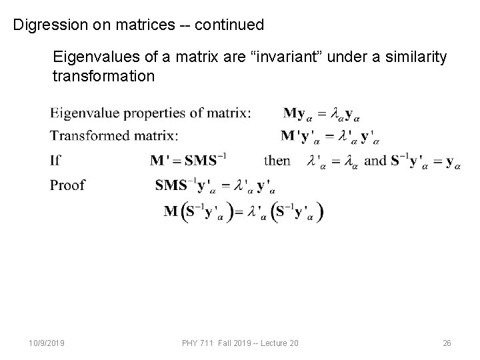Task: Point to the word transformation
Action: [x=103, y=76]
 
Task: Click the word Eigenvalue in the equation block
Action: [x=83, y=113]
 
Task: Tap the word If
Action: [x=55, y=160]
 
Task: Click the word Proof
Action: [x=68, y=184]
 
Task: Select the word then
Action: [x=277, y=160]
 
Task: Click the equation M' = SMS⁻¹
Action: [x=189, y=160]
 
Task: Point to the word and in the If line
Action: [x=376, y=160]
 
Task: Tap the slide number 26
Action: [x=447, y=342]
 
